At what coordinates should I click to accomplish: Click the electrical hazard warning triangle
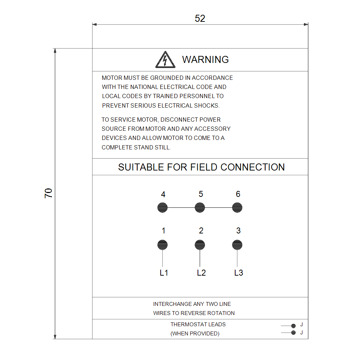click(x=165, y=60)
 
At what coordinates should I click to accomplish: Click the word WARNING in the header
click(x=205, y=59)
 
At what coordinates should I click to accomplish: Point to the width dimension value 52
click(x=200, y=19)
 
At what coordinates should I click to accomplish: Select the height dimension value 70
click(x=49, y=193)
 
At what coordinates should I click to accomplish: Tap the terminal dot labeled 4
click(x=162, y=207)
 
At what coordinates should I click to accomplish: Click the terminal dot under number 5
click(x=200, y=207)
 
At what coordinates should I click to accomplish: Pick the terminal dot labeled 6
click(x=237, y=207)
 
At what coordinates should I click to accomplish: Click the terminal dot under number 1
click(x=162, y=245)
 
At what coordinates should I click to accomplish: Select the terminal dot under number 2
click(x=200, y=245)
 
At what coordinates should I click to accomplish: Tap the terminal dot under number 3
click(x=237, y=245)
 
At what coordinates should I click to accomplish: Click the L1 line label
click(x=164, y=273)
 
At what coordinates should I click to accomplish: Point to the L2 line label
click(x=201, y=273)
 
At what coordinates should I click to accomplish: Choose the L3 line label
click(x=239, y=273)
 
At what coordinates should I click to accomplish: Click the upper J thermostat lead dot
click(x=294, y=326)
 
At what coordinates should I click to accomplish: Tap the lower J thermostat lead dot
click(x=294, y=333)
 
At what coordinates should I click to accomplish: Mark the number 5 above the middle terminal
click(x=201, y=194)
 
